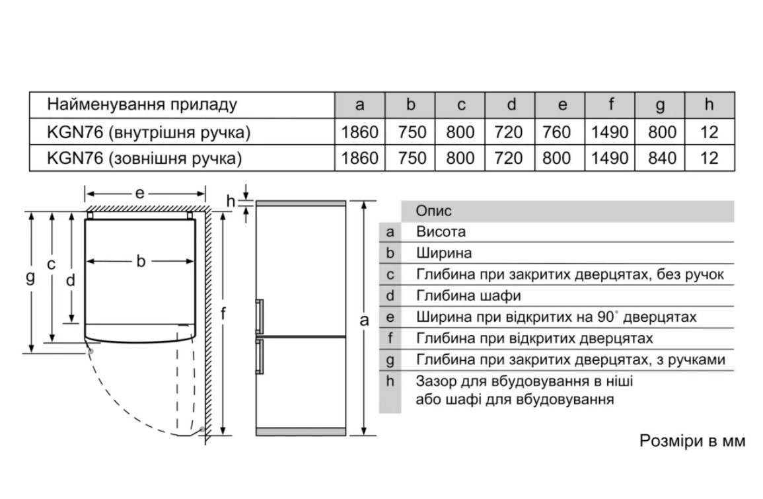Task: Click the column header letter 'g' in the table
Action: [x=659, y=105]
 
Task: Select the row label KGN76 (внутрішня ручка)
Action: [x=149, y=132]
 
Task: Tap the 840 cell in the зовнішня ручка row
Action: [x=661, y=158]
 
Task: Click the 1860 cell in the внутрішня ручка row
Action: [x=359, y=132]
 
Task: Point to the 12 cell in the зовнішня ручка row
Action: [x=709, y=158]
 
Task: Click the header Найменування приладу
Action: [x=141, y=105]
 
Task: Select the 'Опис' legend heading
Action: [x=434, y=211]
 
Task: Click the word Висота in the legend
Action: [x=441, y=232]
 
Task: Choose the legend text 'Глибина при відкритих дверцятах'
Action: [x=534, y=338]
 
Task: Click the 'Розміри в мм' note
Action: [x=692, y=441]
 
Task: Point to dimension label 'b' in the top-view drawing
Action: [x=141, y=261]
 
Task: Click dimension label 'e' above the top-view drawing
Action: [x=140, y=193]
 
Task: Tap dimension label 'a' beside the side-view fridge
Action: [x=363, y=321]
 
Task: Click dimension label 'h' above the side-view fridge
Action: [x=230, y=200]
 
